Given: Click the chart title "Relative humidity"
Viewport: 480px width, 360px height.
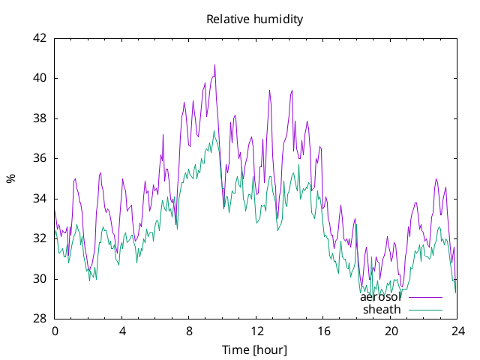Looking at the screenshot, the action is (x=255, y=19).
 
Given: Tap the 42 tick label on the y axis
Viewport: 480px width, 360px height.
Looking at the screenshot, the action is (x=40, y=38).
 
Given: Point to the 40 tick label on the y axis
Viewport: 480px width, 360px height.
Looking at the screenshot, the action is (x=40, y=78).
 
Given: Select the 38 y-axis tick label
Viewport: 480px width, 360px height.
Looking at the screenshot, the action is (x=40, y=118).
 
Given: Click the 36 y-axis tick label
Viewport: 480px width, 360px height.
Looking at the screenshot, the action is (x=40, y=158).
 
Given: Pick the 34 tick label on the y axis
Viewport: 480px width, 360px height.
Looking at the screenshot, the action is (x=40, y=199).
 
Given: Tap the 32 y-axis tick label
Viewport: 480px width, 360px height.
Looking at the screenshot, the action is (x=40, y=238).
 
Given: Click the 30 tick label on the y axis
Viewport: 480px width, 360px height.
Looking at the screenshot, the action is (x=40, y=279).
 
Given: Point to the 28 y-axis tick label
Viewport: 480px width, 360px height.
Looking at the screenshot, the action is (x=40, y=319).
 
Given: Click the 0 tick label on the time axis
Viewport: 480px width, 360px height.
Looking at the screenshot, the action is (x=55, y=331).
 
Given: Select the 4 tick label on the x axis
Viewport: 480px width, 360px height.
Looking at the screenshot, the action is (x=122, y=331).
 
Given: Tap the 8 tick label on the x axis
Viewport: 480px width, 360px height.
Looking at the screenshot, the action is (x=189, y=331).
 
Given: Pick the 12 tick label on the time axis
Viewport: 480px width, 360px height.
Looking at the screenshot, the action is (x=256, y=331).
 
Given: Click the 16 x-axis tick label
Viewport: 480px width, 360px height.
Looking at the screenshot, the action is (x=323, y=331).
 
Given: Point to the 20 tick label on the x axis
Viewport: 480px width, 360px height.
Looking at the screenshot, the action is (x=391, y=331).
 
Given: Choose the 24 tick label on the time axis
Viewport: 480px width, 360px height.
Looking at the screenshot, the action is (x=458, y=331).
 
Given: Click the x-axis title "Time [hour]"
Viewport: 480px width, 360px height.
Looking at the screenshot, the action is (x=255, y=350).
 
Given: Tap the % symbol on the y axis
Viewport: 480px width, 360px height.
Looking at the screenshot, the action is (x=11, y=178).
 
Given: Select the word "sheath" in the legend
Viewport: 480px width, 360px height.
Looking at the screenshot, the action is (x=382, y=310).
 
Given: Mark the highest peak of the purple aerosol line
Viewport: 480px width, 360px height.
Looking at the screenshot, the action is (x=215, y=65).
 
